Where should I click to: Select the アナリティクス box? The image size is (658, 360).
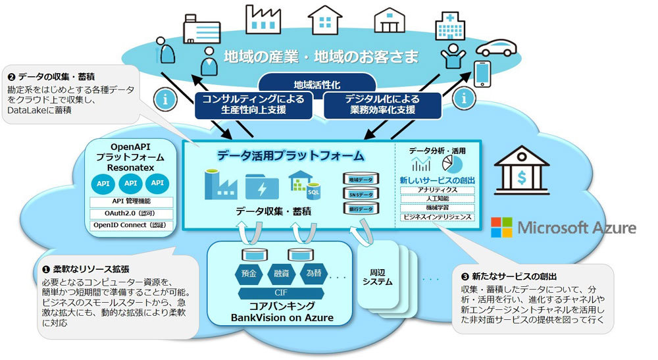point(437,190)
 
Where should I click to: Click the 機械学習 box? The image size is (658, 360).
point(437,208)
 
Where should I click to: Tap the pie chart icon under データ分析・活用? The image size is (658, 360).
point(455,164)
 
